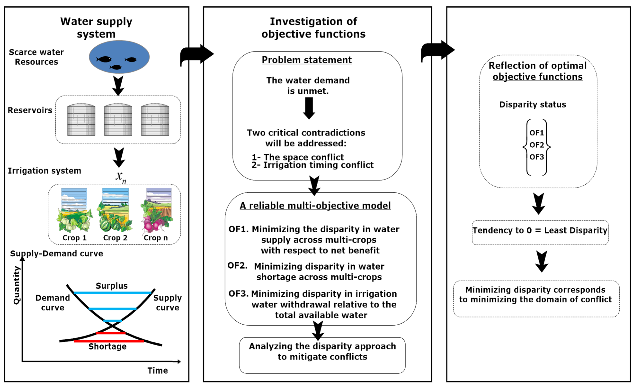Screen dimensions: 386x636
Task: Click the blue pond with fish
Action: point(119,57)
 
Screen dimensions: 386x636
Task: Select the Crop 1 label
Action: point(74,238)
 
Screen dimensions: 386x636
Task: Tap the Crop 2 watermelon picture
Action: point(115,211)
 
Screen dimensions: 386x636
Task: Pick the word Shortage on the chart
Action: point(107,346)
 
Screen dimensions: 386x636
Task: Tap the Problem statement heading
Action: point(307,60)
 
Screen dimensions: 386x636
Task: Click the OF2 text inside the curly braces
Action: point(537,145)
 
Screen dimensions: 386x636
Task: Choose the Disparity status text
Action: point(533,104)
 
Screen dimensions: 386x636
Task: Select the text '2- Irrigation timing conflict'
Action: point(312,165)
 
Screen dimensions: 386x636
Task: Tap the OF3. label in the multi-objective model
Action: point(238,294)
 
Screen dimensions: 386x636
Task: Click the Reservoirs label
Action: point(30,110)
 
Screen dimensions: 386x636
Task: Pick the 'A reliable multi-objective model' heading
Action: point(315,206)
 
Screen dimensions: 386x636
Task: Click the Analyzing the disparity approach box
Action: point(322,355)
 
